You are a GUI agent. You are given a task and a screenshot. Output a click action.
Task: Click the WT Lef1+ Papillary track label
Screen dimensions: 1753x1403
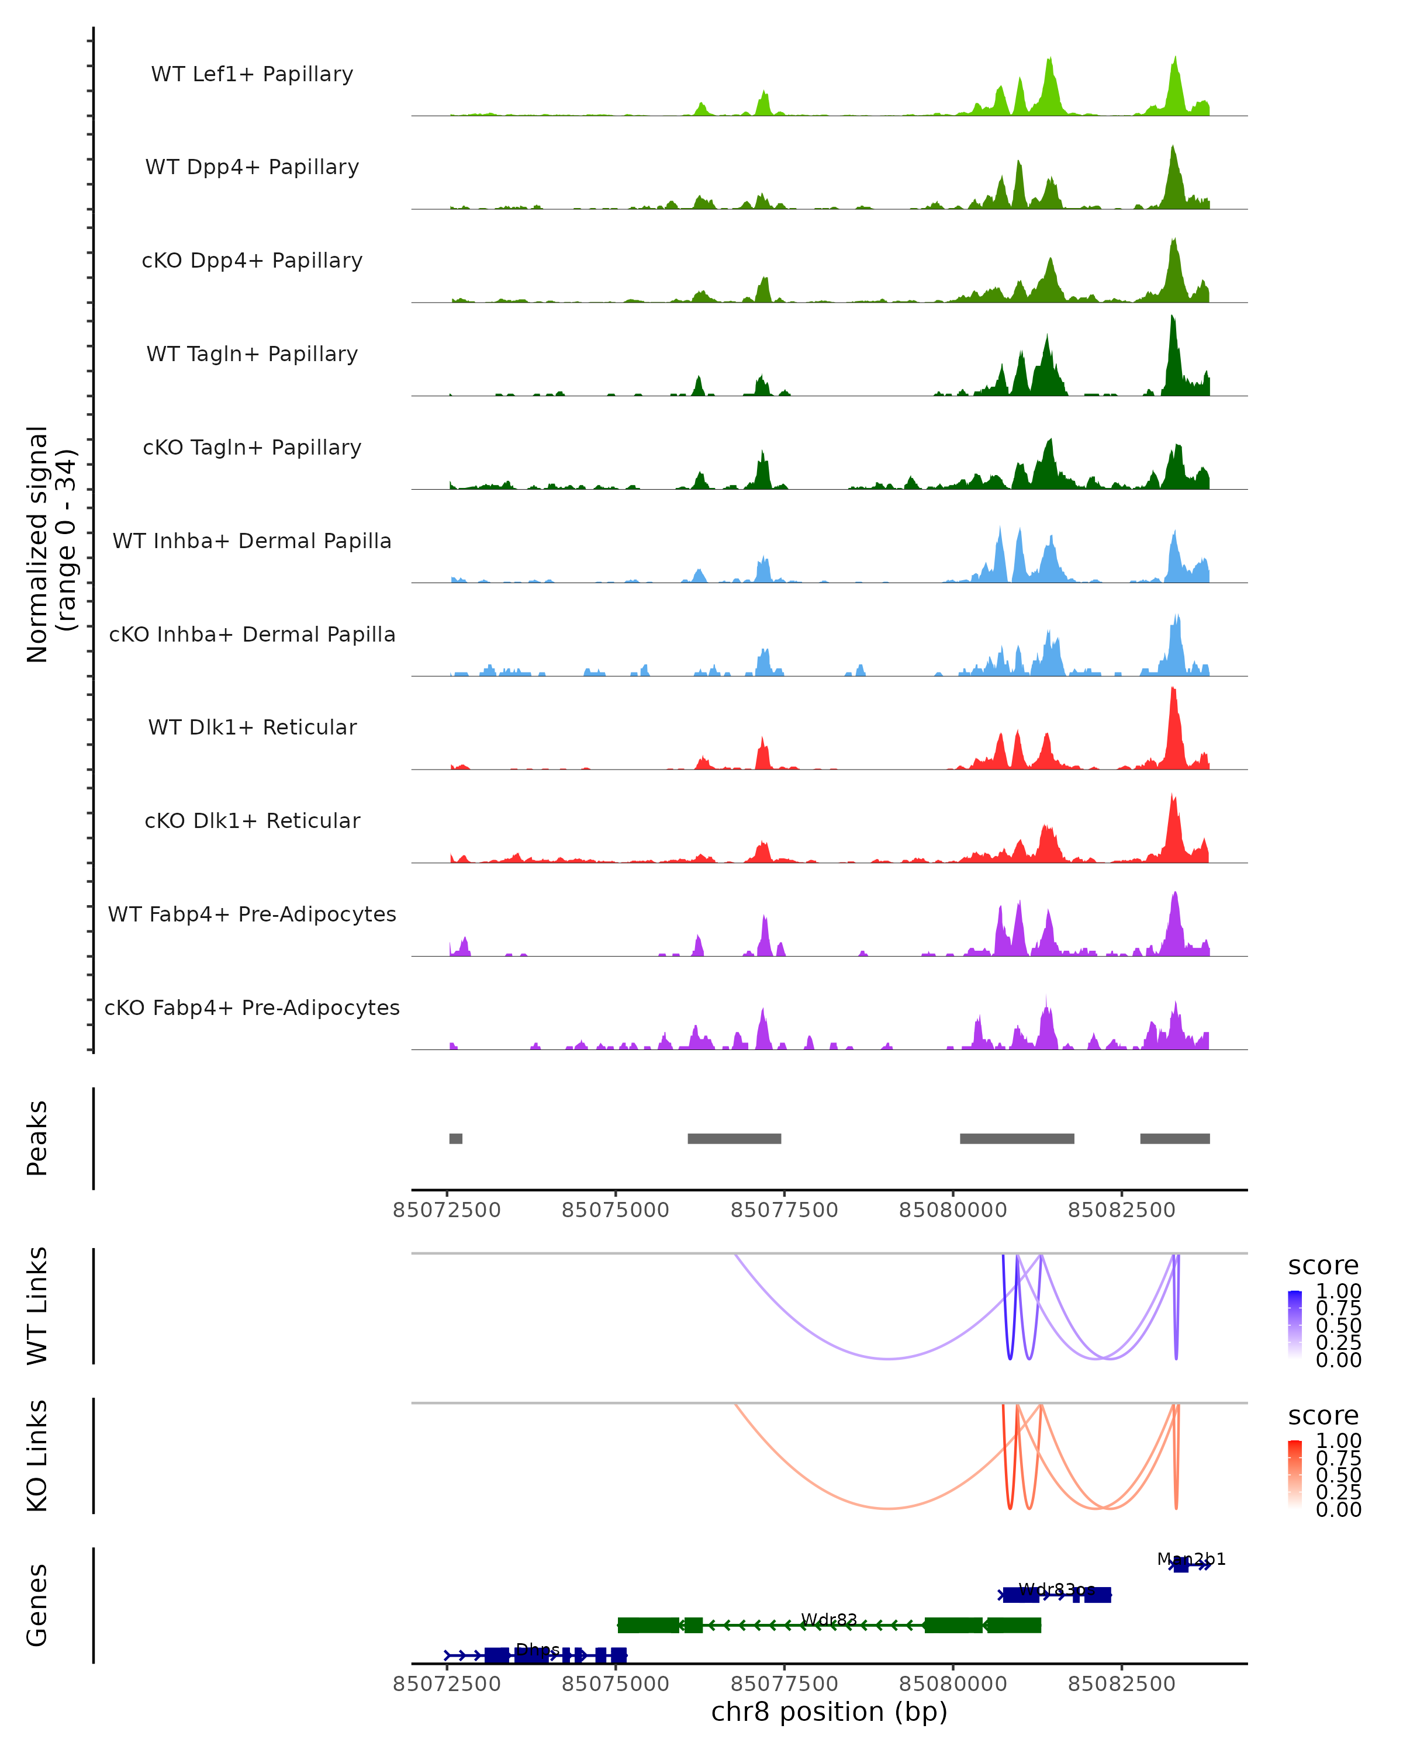pyautogui.click(x=252, y=74)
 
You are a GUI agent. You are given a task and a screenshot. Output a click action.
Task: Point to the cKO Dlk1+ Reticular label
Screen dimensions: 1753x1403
pyautogui.click(x=252, y=820)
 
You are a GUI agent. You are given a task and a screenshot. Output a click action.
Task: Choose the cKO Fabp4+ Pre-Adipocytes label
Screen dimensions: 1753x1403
pyautogui.click(x=252, y=1007)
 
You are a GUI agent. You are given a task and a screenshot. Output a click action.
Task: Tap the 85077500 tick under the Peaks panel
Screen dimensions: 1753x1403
pyautogui.click(x=784, y=1210)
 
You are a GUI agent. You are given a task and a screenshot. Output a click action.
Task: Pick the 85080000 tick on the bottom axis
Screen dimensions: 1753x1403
pyautogui.click(x=953, y=1684)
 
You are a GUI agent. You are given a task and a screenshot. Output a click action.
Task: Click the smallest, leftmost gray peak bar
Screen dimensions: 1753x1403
pyautogui.click(x=455, y=1138)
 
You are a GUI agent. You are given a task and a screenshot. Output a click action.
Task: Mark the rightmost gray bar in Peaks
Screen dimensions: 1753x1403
pyautogui.click(x=1174, y=1138)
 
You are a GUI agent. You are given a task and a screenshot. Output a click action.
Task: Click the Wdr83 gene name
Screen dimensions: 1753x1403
pyautogui.click(x=829, y=1620)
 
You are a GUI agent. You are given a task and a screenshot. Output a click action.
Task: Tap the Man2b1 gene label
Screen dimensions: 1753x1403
pyautogui.click(x=1191, y=1560)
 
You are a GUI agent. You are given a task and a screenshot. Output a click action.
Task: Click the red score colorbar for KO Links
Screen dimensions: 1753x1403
pyautogui.click(x=1295, y=1474)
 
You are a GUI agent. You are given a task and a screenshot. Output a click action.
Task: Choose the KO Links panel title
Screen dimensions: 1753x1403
pyautogui.click(x=37, y=1456)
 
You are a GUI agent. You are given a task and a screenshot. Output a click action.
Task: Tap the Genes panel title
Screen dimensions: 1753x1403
pyautogui.click(x=37, y=1605)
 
